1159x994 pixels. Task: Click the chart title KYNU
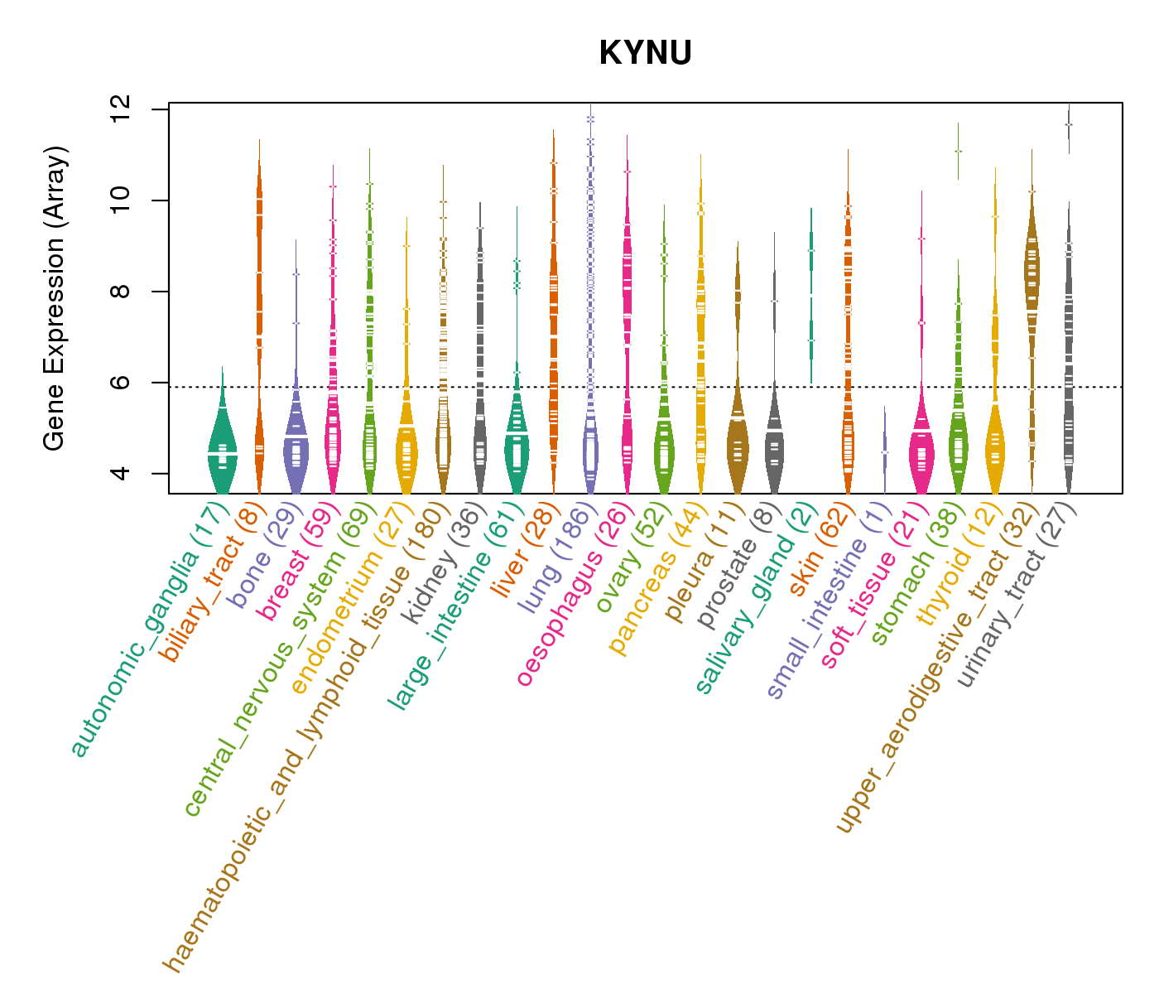click(645, 53)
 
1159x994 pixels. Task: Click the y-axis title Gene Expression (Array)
click(55, 298)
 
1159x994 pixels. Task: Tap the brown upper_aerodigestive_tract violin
click(1032, 273)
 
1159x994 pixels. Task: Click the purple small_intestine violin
click(884, 451)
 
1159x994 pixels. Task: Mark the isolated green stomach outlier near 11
click(958, 151)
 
